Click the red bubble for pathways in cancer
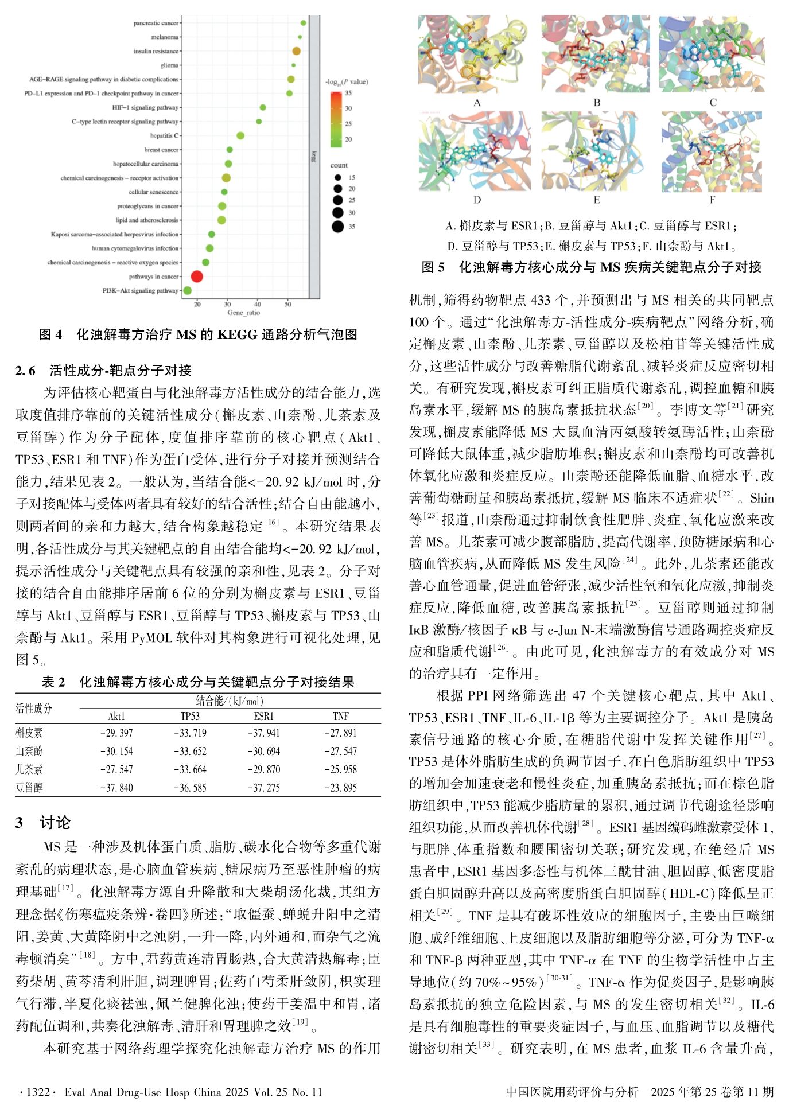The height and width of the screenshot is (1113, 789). click(x=196, y=277)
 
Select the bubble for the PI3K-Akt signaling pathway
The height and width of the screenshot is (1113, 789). click(x=187, y=291)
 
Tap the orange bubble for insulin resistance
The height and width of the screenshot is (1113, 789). click(x=296, y=51)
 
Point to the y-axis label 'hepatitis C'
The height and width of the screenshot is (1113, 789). click(x=164, y=135)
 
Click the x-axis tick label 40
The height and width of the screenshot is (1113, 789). click(x=257, y=303)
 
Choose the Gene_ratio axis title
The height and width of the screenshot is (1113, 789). click(x=243, y=313)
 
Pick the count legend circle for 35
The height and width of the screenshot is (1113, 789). click(x=337, y=226)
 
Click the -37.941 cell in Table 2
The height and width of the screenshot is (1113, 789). click(x=263, y=733)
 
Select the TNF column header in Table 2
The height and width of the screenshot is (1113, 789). click(x=340, y=716)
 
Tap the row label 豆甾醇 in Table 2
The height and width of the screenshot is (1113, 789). click(x=29, y=788)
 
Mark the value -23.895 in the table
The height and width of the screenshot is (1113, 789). click(x=340, y=788)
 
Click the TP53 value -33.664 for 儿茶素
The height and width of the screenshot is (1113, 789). click(x=190, y=769)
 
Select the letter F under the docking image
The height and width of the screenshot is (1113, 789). click(x=712, y=200)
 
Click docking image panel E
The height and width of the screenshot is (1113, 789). click(x=596, y=151)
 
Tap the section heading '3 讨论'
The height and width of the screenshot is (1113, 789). click(x=43, y=823)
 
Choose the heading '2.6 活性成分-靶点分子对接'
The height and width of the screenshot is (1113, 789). click(x=103, y=371)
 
